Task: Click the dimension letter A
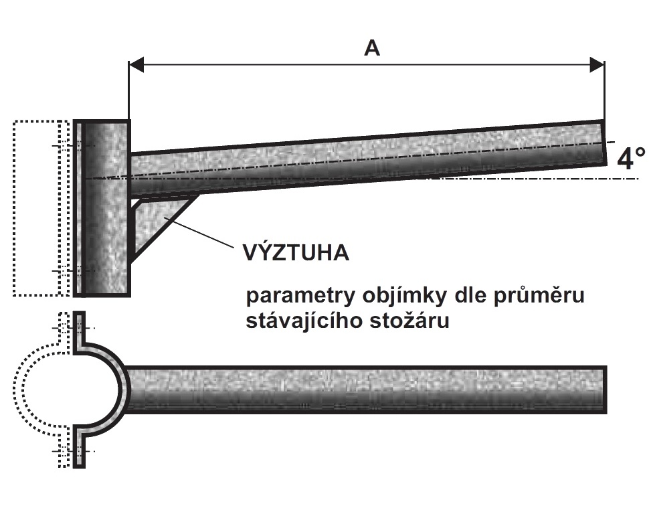click(x=372, y=48)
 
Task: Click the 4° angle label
click(x=630, y=159)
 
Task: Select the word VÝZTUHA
click(x=296, y=252)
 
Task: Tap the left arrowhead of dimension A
click(x=136, y=65)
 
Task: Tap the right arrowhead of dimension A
click(x=597, y=65)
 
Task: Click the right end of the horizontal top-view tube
click(x=605, y=390)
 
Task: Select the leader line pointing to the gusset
click(x=199, y=232)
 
